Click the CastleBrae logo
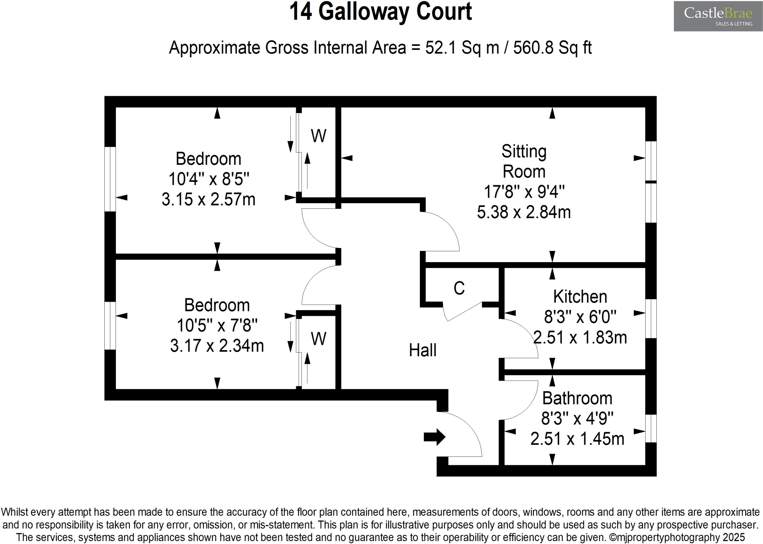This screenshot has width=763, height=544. coord(718,16)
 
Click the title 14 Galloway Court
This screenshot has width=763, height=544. coord(380,12)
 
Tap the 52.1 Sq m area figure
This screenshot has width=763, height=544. coord(462,48)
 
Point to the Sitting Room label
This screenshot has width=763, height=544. coord(524,161)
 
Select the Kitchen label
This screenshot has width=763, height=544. coord(580,297)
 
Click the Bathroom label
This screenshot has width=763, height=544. coord(577,398)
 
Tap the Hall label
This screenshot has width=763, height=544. coord(422,350)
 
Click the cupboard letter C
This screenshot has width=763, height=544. coord(459,288)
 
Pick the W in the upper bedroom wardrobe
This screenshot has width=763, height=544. coord(319,136)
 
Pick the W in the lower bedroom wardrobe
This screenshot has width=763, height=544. coord(319,339)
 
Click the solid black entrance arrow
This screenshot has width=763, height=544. coord(434,437)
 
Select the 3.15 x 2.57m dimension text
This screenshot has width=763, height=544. coord(208,199)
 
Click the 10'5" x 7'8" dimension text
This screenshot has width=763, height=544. coord(217,326)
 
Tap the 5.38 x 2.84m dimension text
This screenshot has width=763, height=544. coord(524,212)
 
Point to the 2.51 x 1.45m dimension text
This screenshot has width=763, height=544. coord(577,439)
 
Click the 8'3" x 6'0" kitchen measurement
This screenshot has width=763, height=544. coord(580,317)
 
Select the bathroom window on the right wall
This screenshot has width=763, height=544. coord(650,428)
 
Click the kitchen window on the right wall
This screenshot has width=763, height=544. coord(650,319)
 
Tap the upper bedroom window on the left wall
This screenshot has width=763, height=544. coord(110,179)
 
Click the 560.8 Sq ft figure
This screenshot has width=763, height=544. coord(552,48)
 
